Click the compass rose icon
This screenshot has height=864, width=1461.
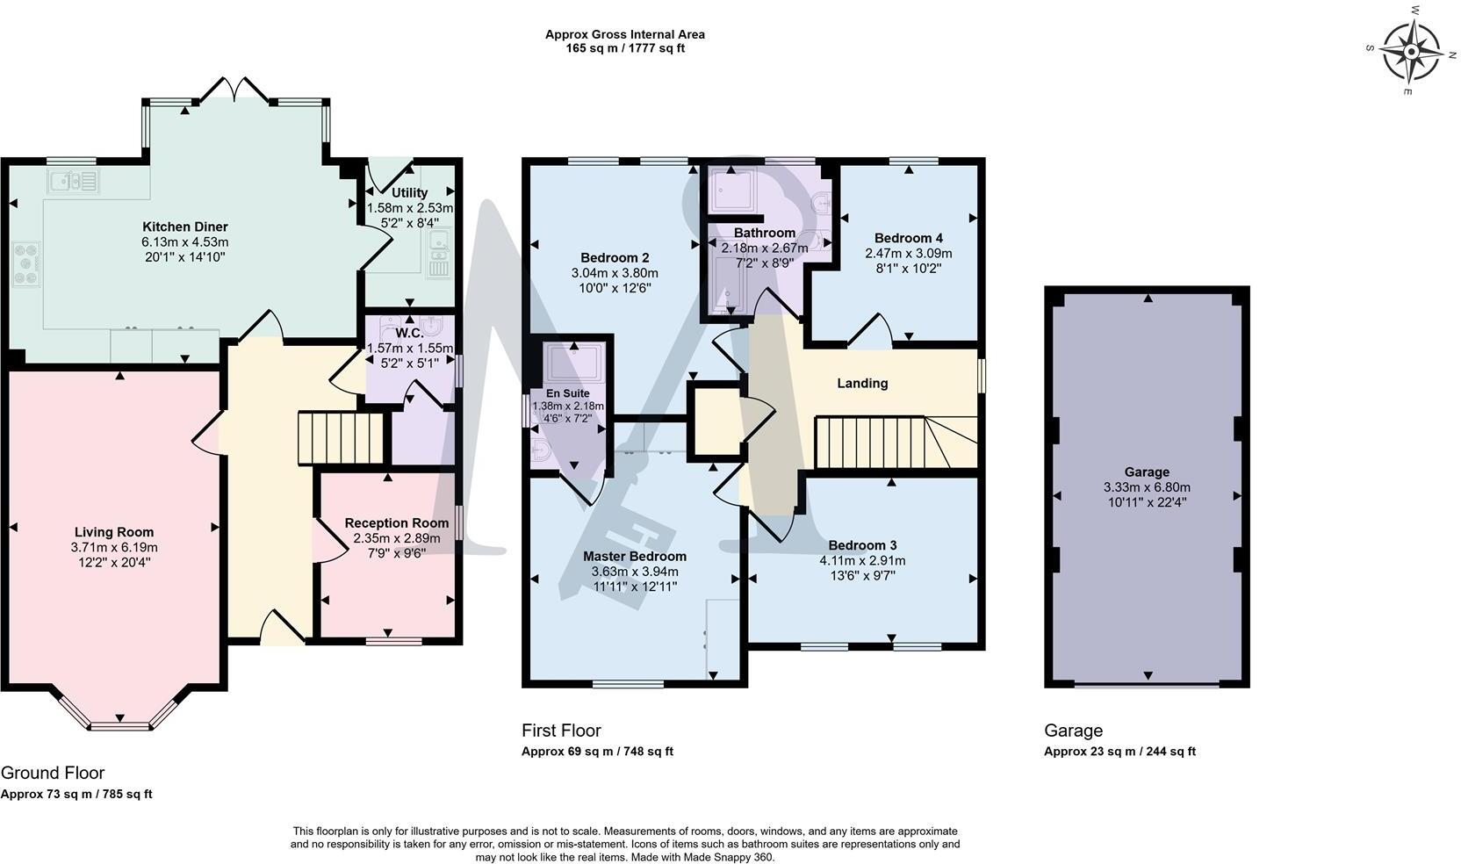point(1411,50)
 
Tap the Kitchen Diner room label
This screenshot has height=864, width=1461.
point(185,227)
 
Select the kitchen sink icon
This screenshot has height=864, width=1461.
point(74,182)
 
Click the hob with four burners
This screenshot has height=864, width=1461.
point(26,263)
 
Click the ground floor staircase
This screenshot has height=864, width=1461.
point(341,437)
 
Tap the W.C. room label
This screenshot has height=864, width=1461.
point(409,334)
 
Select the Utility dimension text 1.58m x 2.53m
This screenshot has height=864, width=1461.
point(409,208)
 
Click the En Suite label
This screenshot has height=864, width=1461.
point(568,393)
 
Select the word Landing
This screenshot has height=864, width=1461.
point(861,383)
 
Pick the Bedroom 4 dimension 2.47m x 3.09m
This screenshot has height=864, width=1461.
point(908,253)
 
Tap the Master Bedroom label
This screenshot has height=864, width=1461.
point(634,556)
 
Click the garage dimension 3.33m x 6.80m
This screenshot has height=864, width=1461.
point(1147,487)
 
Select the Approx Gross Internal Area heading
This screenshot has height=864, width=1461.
point(624,34)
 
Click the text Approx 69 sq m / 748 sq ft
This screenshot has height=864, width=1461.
point(597,752)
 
